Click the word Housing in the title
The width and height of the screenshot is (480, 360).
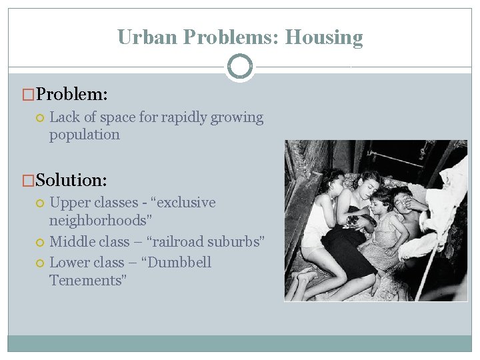point(324,37)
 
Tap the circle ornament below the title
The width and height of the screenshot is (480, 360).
point(240,67)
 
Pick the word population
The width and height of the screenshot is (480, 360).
point(85,135)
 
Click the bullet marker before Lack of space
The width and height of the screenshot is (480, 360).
point(39,118)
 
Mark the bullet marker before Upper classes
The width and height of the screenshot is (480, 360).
point(39,203)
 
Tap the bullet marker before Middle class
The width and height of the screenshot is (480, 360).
point(39,242)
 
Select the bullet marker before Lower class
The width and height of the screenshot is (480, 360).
point(39,263)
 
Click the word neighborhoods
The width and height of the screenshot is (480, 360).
point(97,220)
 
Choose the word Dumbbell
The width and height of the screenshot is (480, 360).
point(177,262)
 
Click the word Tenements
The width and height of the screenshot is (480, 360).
point(87,280)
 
